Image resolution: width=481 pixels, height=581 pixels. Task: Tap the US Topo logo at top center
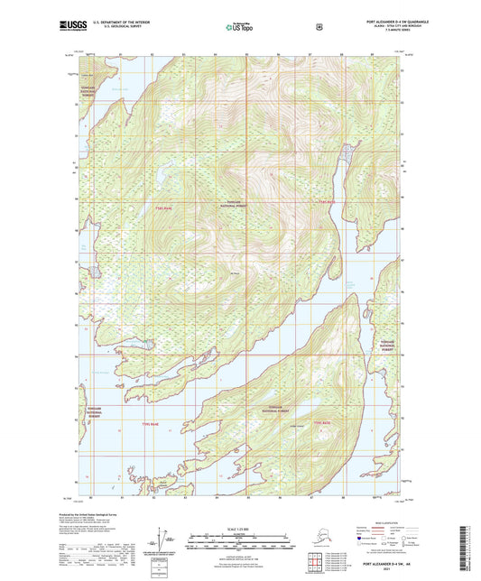point(240,28)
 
